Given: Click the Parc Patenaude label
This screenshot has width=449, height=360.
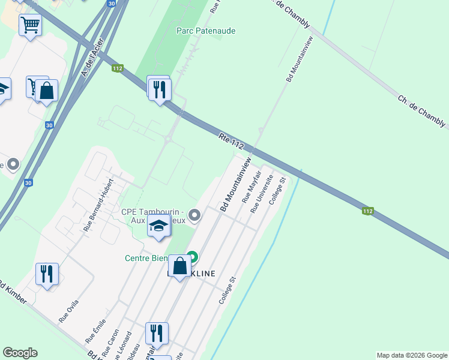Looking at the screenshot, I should [x=205, y=31].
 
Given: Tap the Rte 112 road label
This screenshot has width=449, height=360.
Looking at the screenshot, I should [x=232, y=142].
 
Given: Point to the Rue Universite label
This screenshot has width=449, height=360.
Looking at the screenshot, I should [x=262, y=194].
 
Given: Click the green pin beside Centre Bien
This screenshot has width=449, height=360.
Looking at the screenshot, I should [x=193, y=257].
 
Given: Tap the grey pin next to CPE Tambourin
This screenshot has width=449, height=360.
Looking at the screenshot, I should [x=194, y=214].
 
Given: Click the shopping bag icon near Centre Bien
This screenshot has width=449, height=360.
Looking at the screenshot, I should [x=179, y=265].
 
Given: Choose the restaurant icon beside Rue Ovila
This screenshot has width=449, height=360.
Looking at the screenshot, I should [x=47, y=274].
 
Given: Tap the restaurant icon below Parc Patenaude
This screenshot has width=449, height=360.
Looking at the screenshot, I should [x=159, y=89].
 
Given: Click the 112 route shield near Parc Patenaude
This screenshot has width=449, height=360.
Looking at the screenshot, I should [x=118, y=69].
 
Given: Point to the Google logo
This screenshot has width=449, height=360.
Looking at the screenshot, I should [x=20, y=353].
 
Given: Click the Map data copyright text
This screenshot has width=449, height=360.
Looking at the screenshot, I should [x=411, y=355].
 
